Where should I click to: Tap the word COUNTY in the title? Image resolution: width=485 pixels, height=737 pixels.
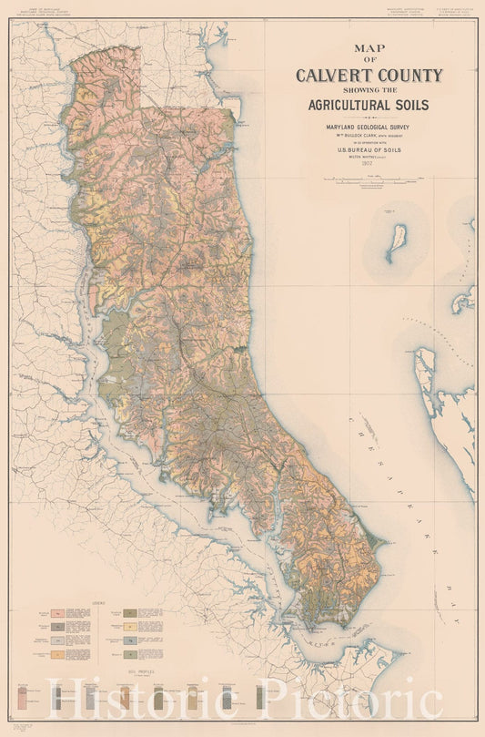pyautogui.click(x=405, y=76)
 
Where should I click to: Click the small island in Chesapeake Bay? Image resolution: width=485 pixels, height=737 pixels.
pyautogui.click(x=397, y=242)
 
